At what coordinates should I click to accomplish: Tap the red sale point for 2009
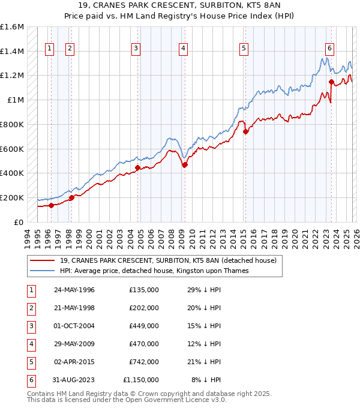(x=185, y=165)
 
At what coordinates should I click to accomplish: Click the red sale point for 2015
(x=245, y=132)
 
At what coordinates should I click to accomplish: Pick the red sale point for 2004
(x=138, y=167)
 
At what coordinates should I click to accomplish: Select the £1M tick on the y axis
(x=16, y=100)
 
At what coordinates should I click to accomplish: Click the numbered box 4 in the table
(x=31, y=344)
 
